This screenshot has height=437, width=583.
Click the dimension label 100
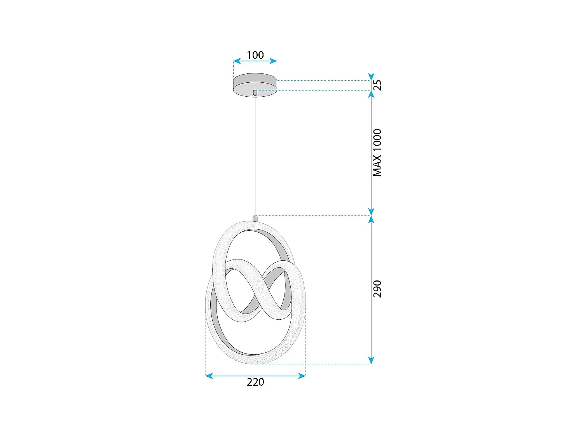pos(255,55)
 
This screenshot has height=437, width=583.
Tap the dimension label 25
pos(377,85)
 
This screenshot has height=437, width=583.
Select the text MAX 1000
pos(377,153)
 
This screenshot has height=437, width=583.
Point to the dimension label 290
pos(377,289)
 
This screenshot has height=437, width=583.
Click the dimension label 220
pos(255,382)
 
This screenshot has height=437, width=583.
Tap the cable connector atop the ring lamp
pos(255,219)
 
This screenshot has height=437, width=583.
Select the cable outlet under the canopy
pos(255,93)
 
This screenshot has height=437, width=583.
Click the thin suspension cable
pos(255,155)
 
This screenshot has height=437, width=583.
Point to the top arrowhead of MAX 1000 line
pos(371,94)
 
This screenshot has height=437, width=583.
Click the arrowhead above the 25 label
pos(371,77)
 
